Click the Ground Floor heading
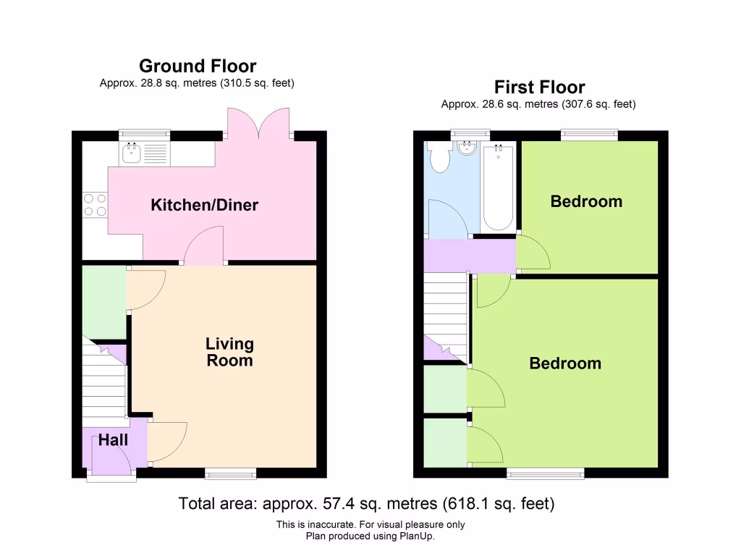198,66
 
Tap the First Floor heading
539,87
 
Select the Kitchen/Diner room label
205,205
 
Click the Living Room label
229,352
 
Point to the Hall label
113,440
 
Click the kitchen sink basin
132,153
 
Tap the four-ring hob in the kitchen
95,205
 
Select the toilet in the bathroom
439,156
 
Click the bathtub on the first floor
498,187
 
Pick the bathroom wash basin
467,148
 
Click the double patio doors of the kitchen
258,124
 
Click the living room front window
231,473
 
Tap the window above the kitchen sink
144,135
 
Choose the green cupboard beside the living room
104,303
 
